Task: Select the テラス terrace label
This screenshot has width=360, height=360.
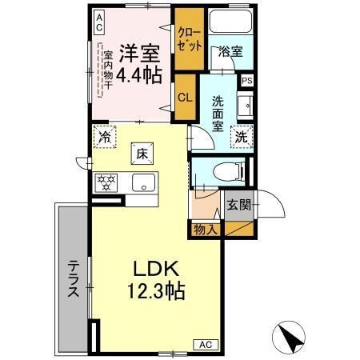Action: tap(72, 279)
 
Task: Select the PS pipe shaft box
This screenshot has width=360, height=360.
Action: tap(247, 81)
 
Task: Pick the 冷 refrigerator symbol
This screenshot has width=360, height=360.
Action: tap(103, 135)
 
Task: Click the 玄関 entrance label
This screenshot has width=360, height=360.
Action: tap(238, 205)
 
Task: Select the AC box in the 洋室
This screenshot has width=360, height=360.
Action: tap(99, 22)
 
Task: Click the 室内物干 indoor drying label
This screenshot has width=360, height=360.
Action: tap(107, 74)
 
